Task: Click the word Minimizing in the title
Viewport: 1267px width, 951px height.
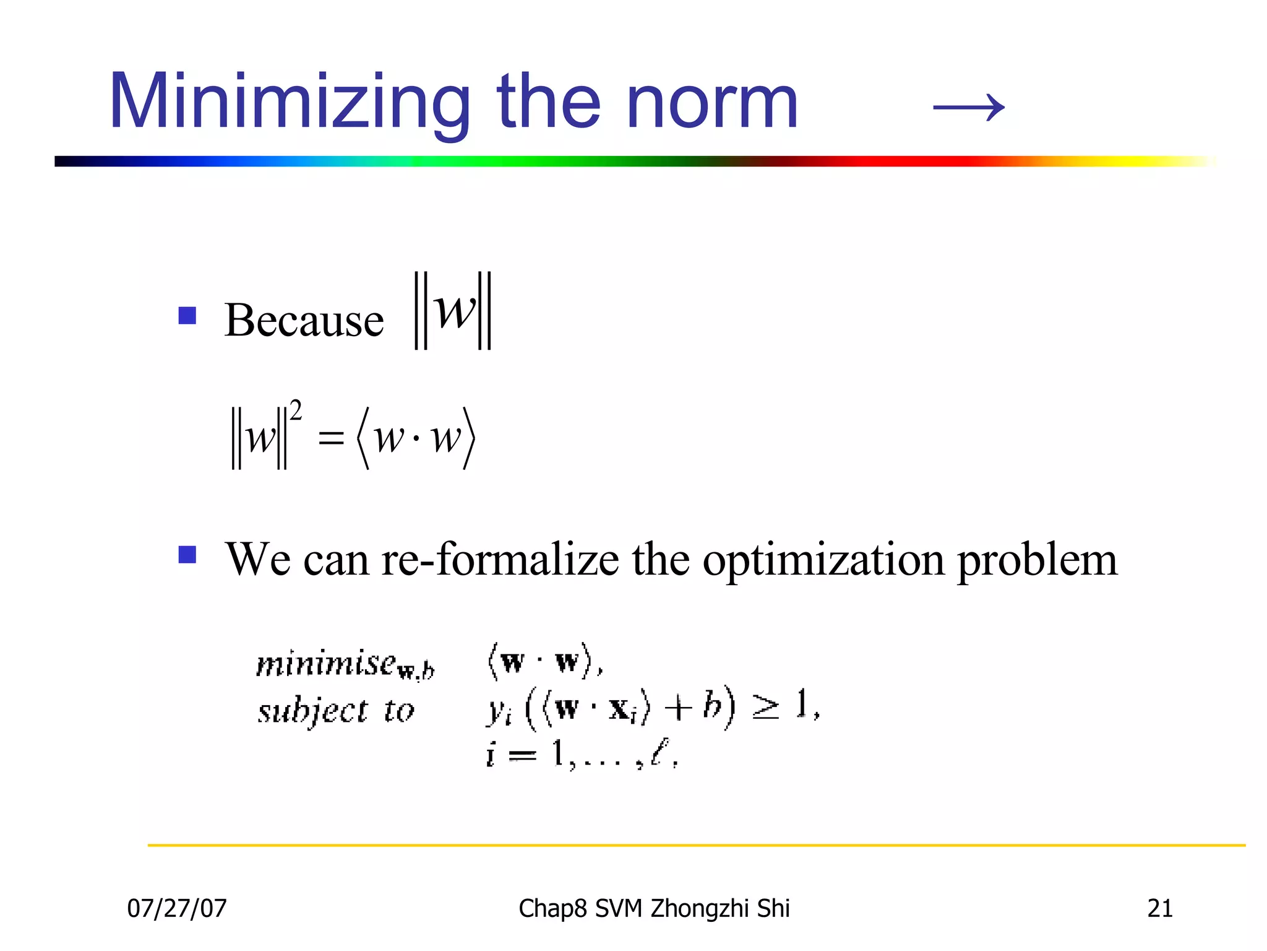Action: pyautogui.click(x=290, y=102)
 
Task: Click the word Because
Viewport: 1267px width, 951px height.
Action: pyautogui.click(x=304, y=320)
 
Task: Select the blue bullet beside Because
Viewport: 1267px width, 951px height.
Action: pyautogui.click(x=187, y=316)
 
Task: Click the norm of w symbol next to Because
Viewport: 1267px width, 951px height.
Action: pyautogui.click(x=453, y=311)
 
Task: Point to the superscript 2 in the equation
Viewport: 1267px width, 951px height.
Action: pyautogui.click(x=296, y=410)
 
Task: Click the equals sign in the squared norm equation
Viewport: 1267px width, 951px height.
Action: pyautogui.click(x=330, y=439)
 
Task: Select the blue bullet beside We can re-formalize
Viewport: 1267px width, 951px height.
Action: pyautogui.click(x=187, y=554)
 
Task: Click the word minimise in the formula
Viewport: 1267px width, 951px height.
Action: pyautogui.click(x=327, y=664)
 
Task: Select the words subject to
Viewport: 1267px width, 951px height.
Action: pyautogui.click(x=335, y=710)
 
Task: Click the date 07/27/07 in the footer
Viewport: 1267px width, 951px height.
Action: pyautogui.click(x=177, y=908)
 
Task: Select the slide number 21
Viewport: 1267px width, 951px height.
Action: pyautogui.click(x=1159, y=908)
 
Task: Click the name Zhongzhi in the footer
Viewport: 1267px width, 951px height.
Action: pyautogui.click(x=701, y=908)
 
